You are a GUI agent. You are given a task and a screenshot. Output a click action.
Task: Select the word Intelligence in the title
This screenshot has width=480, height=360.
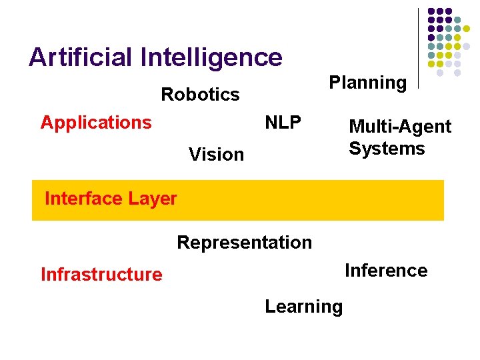[211, 58]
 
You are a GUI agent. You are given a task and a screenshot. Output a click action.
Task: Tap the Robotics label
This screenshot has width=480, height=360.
[200, 95]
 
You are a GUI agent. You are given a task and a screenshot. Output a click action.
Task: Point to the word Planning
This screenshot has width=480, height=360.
[368, 83]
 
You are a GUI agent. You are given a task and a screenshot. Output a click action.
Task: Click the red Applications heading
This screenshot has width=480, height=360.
[96, 123]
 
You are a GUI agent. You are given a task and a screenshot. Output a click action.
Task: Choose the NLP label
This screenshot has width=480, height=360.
[283, 123]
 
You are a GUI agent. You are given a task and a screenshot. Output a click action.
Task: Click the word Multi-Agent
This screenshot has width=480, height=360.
[400, 127]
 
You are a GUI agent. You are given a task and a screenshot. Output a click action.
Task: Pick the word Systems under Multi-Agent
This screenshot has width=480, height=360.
[387, 148]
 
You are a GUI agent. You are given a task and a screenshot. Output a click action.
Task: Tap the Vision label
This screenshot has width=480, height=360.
[216, 155]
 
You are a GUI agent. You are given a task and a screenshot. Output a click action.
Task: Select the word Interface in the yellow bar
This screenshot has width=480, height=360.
[83, 199]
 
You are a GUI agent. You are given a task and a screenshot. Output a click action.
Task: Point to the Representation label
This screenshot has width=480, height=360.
[244, 243]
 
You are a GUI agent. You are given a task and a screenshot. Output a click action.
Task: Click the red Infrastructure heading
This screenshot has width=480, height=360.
[101, 275]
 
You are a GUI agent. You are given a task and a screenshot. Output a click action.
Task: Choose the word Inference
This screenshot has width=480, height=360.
[386, 271]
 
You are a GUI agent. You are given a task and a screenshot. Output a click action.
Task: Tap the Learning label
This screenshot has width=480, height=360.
[303, 307]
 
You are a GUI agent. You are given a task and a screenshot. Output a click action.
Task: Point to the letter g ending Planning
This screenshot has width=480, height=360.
[400, 85]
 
